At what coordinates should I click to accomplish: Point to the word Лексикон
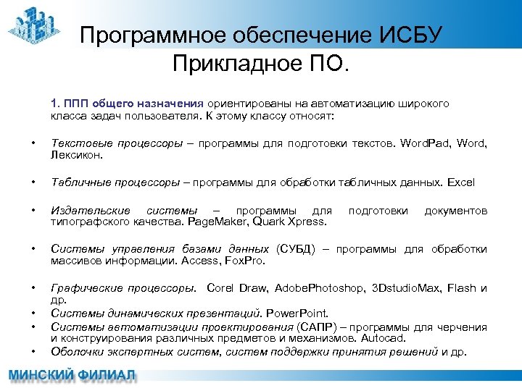tap(77, 155)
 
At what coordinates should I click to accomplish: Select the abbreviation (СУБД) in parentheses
tap(297, 249)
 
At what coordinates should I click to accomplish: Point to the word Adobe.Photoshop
tap(320, 288)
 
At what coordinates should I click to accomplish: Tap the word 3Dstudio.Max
tap(406, 288)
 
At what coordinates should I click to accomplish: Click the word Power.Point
tap(297, 314)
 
